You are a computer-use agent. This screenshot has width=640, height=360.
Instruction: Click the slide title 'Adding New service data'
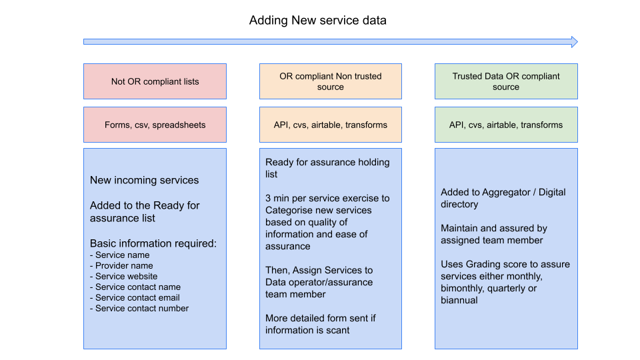click(x=317, y=20)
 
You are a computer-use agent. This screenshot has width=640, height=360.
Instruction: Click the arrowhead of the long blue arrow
click(x=572, y=41)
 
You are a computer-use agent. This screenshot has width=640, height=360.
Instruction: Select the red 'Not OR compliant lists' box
click(x=155, y=81)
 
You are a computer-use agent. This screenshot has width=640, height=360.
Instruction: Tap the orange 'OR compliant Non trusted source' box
click(x=330, y=81)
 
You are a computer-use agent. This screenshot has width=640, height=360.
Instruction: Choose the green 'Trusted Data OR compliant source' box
click(x=506, y=81)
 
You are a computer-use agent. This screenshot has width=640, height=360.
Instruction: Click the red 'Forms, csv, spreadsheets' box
click(x=155, y=125)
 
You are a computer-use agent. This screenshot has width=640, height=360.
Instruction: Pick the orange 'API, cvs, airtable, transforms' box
click(x=330, y=125)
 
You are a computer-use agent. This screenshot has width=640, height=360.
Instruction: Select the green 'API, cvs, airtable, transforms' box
click(x=506, y=125)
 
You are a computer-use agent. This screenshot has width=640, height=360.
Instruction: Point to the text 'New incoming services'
click(x=144, y=180)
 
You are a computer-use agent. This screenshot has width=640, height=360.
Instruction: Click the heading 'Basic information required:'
click(x=153, y=243)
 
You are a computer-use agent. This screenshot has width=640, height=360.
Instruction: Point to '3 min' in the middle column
click(x=277, y=198)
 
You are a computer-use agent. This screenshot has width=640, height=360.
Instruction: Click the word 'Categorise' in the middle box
click(x=291, y=210)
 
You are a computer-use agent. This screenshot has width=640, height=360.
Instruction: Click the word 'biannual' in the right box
click(x=459, y=300)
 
